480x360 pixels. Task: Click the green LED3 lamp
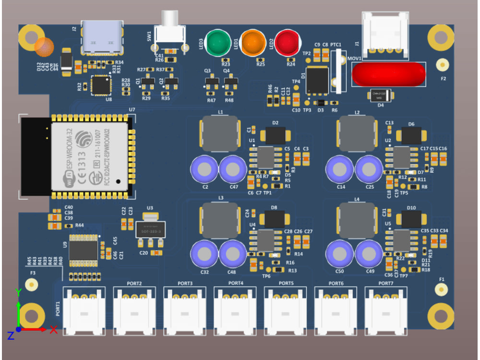[218, 43]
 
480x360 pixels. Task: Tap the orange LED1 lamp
[253, 43]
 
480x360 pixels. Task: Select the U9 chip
[84, 250]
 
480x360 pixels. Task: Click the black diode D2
[276, 136]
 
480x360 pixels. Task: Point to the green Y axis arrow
[18, 307]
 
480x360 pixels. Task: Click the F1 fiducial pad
[442, 289]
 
